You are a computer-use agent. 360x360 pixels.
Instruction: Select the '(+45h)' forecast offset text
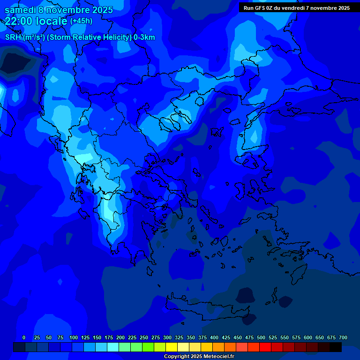81,21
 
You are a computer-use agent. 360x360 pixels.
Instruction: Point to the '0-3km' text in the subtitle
144,37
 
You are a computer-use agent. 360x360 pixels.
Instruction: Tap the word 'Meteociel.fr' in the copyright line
219,357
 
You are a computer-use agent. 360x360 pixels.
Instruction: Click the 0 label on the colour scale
24,337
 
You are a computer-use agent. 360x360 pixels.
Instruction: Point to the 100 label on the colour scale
74,337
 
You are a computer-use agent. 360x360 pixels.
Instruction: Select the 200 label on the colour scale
120,337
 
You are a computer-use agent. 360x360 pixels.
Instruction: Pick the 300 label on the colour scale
167,337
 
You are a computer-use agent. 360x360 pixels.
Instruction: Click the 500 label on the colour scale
261,337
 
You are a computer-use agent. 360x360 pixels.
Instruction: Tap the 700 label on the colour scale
343,337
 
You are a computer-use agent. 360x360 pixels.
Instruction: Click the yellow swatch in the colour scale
172,347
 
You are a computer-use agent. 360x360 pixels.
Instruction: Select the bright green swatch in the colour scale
148,347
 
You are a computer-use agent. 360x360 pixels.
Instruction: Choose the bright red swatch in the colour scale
265,347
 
